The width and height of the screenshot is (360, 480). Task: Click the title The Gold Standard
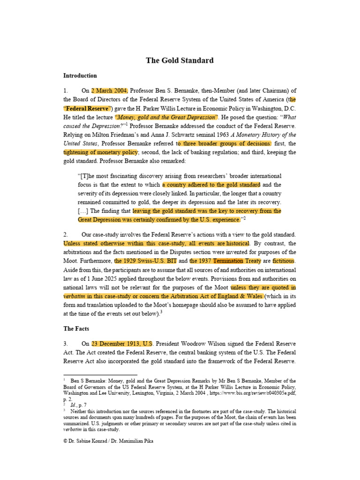[180, 60]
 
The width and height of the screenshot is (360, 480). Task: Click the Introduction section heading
[80, 75]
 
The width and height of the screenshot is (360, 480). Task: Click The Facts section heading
[76, 328]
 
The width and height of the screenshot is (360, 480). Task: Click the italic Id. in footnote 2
[75, 404]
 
